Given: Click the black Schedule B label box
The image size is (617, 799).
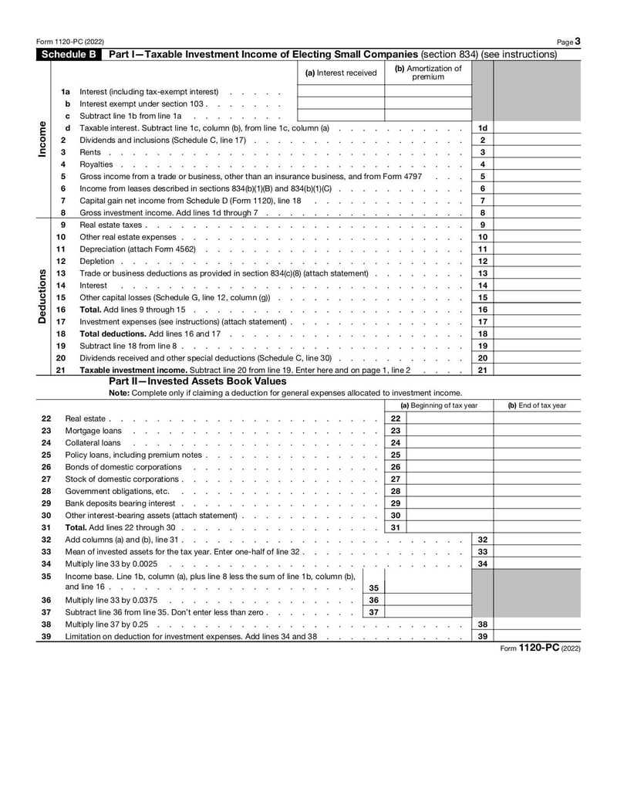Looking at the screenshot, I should [x=69, y=55].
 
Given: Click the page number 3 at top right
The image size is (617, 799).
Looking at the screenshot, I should [x=578, y=41].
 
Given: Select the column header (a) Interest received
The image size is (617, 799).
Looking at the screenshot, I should [x=341, y=73].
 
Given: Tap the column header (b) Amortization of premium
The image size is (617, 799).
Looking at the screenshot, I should [x=428, y=73].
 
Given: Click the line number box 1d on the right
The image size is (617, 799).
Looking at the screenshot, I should [x=482, y=128].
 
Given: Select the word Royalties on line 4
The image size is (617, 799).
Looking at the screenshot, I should [x=96, y=164].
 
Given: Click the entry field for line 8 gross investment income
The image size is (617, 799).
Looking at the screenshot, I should [x=536, y=213].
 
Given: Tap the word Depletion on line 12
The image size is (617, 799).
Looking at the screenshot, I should [x=97, y=261].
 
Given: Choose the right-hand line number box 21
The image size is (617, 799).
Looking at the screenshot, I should [x=482, y=371].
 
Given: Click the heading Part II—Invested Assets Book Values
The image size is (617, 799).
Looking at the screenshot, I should [x=197, y=381].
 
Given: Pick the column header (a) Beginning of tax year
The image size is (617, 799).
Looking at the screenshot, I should [x=438, y=405].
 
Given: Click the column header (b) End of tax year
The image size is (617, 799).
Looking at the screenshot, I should [x=537, y=405].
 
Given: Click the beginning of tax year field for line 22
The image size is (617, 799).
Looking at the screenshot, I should [x=438, y=418].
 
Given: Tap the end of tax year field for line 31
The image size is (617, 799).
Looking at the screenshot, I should [x=537, y=527].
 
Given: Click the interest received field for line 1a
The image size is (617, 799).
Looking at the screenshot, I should [x=341, y=91].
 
